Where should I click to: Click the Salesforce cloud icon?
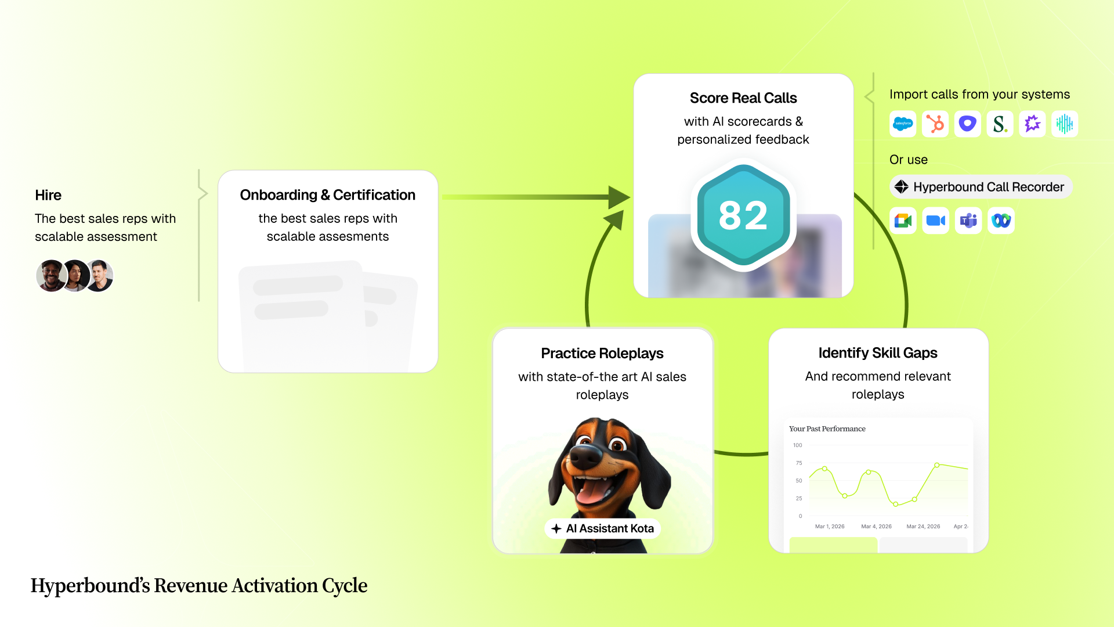pos(903,124)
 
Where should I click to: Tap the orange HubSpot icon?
pos(935,124)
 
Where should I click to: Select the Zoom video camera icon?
pos(935,221)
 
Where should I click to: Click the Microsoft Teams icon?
pos(968,221)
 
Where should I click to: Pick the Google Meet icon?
pos(903,221)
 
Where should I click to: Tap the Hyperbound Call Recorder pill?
pos(981,187)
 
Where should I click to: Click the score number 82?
pos(743,216)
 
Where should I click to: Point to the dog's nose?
pos(584,457)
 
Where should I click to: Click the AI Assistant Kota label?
pos(603,528)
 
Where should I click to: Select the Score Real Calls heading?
pos(743,98)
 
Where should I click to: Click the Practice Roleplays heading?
pos(602,354)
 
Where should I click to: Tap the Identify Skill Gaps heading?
pos(878,353)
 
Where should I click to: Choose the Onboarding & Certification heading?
pos(328,195)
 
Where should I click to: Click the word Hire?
pos(48,195)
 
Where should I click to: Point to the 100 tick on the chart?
pos(798,445)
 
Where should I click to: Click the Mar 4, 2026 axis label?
pos(876,527)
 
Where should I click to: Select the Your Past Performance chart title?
pos(827,429)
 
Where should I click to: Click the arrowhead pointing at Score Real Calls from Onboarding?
pos(619,197)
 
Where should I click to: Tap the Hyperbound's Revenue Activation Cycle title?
pos(199,586)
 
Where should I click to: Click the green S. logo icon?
pos(1000,124)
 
